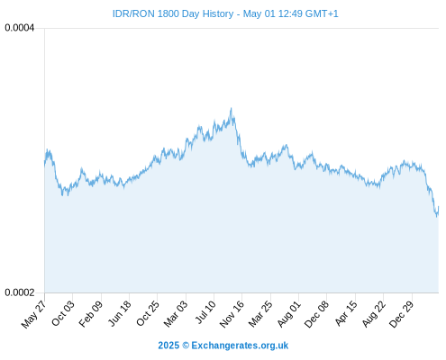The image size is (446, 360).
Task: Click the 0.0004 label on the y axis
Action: [x=20, y=28]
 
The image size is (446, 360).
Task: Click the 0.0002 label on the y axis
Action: [x=20, y=292]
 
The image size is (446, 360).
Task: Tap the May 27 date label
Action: [x=34, y=314]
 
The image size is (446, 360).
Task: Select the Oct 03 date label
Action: [x=63, y=313]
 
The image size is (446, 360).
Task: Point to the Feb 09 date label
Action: [x=91, y=313]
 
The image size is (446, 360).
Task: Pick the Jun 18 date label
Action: [x=120, y=313]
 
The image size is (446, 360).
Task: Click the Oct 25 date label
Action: [x=148, y=313]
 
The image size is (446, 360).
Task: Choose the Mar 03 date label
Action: [x=176, y=314]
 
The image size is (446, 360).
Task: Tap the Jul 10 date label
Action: [x=205, y=312]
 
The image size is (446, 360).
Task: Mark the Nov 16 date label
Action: [x=232, y=314]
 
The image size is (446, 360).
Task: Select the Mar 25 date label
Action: [x=260, y=314]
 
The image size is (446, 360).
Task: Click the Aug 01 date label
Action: [x=288, y=314]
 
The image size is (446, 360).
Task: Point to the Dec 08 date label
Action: [x=316, y=314]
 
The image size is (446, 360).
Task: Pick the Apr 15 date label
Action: [x=346, y=313]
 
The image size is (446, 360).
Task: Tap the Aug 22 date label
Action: [x=373, y=314]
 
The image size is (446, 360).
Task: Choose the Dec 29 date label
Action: [x=401, y=314]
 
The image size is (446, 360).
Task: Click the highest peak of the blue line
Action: [x=231, y=108]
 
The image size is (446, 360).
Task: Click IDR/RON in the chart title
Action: [x=133, y=13]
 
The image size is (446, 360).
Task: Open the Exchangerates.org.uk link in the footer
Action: [x=240, y=346]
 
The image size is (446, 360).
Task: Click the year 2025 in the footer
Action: [x=168, y=346]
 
